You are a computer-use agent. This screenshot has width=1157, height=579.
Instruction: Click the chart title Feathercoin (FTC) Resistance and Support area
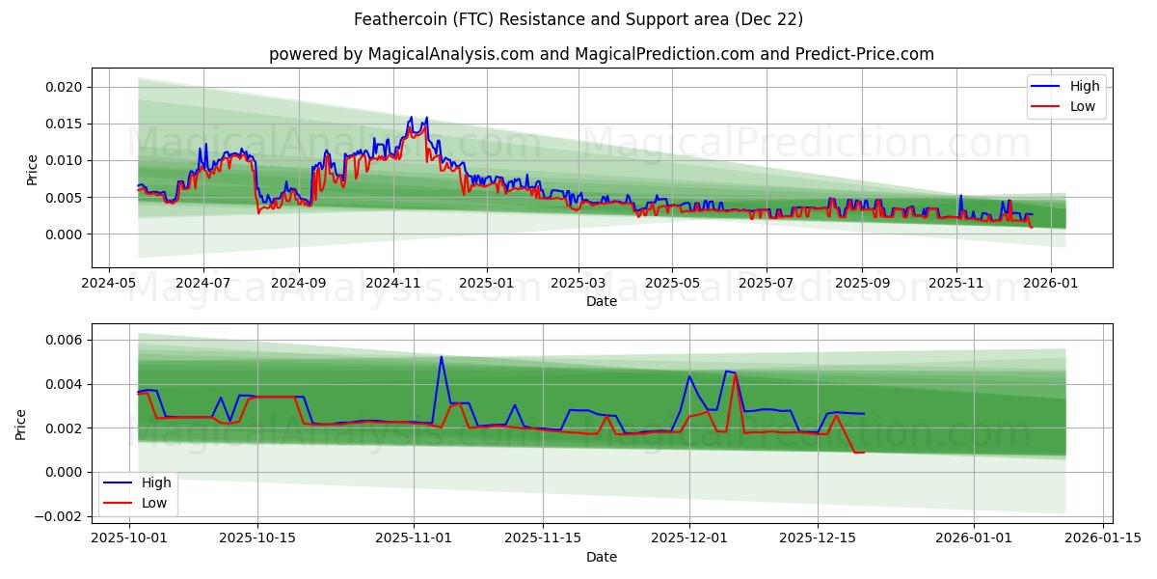578,19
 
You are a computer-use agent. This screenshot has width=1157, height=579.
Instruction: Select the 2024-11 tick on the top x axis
392,283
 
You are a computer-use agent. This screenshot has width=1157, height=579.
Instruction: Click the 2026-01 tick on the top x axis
1050,283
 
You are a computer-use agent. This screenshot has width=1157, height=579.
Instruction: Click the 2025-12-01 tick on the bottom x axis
689,538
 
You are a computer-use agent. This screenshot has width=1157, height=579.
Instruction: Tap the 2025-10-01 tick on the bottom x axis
129,538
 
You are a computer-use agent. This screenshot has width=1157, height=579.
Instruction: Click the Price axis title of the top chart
32,170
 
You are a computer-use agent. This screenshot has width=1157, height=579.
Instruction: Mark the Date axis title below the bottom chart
602,557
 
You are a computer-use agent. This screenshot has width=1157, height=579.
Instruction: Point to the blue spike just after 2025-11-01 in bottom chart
442,357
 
